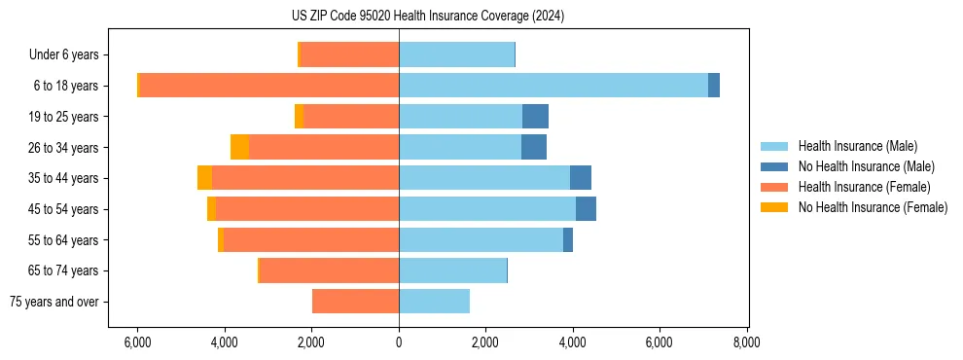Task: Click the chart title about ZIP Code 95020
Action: [428, 17]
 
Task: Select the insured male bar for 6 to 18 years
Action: [553, 86]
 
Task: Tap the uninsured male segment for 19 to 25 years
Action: [535, 117]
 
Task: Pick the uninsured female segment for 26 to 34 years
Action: [239, 147]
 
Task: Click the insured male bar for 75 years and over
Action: [434, 302]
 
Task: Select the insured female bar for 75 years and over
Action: [355, 302]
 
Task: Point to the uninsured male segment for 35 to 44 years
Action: [581, 178]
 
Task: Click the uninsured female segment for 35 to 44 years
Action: [204, 178]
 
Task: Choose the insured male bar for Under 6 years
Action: [456, 54]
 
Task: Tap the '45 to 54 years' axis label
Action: [62, 209]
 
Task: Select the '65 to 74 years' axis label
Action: [62, 270]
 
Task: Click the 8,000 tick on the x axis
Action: [746, 342]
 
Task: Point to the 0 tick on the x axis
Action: [399, 342]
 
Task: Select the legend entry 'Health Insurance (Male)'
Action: [857, 146]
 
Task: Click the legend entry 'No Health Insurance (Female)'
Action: [873, 207]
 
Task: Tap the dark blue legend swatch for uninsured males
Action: [774, 166]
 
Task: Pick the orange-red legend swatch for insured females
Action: [774, 187]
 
